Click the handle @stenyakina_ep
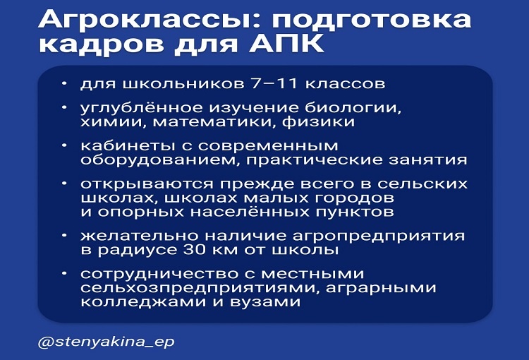106,342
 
